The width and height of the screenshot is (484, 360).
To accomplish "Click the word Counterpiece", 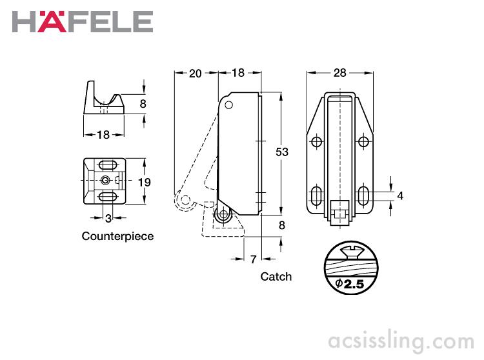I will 117,236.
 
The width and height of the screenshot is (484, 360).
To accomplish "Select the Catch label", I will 276,276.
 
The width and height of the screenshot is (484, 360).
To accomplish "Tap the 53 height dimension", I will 281,152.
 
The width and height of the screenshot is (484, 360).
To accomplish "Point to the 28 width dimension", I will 339,73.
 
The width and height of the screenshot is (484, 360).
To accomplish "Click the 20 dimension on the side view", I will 195,73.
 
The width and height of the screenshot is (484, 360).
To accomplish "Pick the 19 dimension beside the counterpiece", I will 145,182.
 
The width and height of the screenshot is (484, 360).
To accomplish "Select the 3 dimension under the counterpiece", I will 108,217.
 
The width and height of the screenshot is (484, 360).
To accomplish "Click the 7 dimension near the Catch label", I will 253,259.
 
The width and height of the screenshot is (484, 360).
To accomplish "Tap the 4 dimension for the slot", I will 400,195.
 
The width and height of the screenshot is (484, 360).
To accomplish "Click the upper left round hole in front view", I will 316,142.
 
